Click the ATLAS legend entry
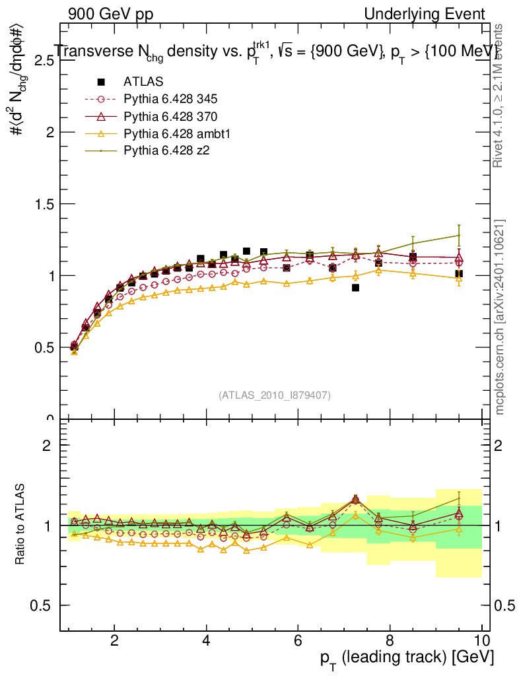tap(143, 82)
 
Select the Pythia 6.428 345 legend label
tap(170, 100)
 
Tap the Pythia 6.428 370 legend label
tap(170, 117)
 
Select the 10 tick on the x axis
tap(481, 641)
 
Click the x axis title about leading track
tap(408, 658)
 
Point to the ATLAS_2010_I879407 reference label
tap(275, 395)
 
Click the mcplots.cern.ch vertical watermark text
tap(500, 317)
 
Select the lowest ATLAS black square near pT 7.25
tap(355, 287)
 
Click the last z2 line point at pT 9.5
tap(459, 235)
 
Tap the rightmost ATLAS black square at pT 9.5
tap(459, 273)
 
